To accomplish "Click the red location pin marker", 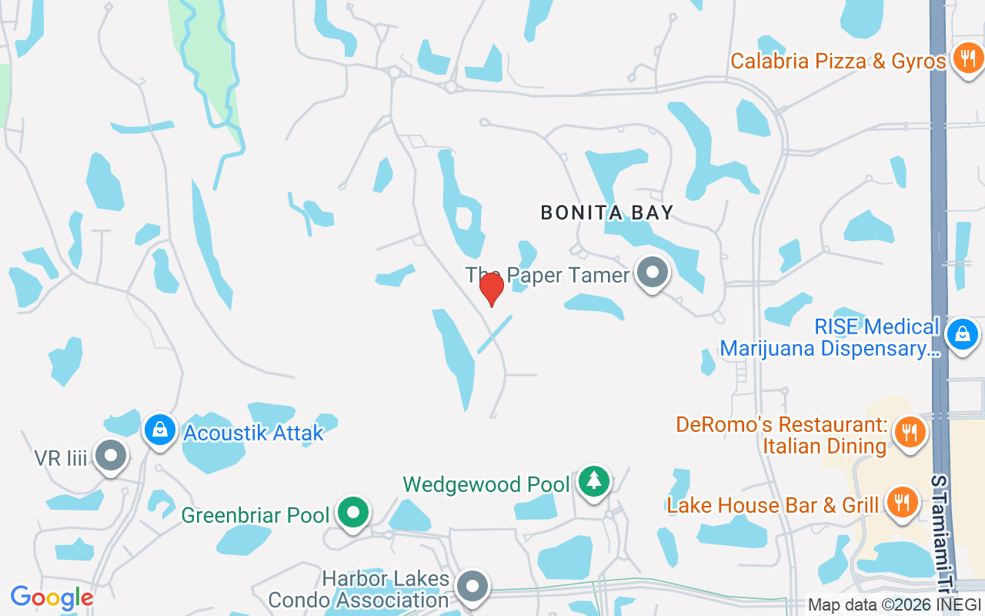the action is [x=491, y=290].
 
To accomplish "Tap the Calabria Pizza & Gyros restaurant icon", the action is [x=964, y=59].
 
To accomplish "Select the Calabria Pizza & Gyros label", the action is [x=838, y=62].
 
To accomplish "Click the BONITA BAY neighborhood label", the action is [x=607, y=213].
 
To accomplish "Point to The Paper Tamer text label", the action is [x=547, y=275].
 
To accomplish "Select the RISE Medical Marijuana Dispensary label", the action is [x=830, y=337].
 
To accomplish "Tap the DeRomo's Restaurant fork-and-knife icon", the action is [x=910, y=430].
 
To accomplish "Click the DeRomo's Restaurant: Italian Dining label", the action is [x=781, y=435].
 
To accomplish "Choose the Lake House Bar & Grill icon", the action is [x=902, y=502].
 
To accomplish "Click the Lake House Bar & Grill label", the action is [x=773, y=505].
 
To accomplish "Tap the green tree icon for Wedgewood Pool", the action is [x=593, y=481].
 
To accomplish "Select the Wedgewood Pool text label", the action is [x=486, y=484].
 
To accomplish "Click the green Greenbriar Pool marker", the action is [x=353, y=511].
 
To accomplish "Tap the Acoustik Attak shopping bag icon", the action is [x=159, y=429].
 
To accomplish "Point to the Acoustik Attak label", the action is [x=253, y=433].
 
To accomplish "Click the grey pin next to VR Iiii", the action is [x=110, y=455].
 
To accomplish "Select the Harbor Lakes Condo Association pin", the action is [x=472, y=587].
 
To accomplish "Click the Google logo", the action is [x=52, y=598].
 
